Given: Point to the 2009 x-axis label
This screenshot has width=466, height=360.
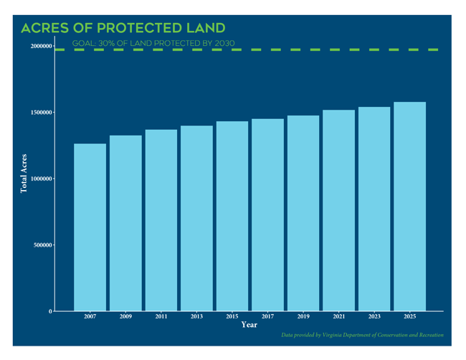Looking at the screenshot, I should [125, 316].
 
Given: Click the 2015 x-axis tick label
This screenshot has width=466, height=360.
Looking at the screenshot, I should [232, 316].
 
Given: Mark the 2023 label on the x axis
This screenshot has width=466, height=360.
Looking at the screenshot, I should [374, 316].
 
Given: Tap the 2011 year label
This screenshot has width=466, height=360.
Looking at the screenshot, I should [161, 316].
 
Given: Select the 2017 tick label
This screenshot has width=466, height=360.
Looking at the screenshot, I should [267, 316].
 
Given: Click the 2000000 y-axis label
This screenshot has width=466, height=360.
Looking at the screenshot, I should [36, 47].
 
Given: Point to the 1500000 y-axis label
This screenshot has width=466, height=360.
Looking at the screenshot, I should [36, 113].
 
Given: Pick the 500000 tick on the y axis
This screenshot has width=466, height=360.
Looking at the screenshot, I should [38, 245].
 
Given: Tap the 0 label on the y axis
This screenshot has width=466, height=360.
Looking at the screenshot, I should [49, 311].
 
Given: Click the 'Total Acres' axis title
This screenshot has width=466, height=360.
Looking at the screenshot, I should [24, 173].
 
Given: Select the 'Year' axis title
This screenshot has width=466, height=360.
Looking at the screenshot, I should [249, 325].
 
